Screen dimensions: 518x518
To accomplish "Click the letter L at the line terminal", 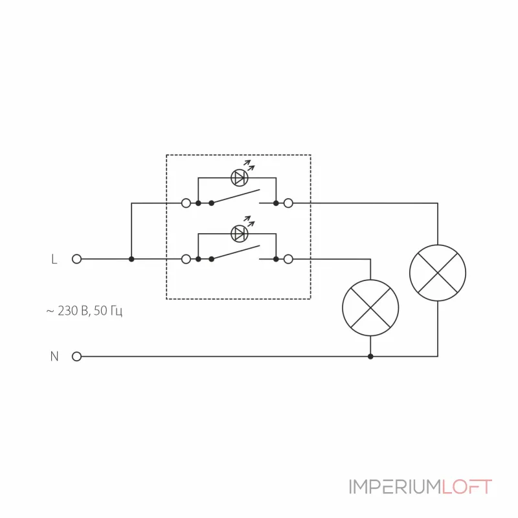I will pos(54,259).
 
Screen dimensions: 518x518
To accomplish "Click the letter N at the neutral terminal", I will pos(54,356).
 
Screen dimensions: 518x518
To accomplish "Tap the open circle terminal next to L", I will pos(76,259).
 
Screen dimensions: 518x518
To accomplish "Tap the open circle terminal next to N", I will pos(76,356).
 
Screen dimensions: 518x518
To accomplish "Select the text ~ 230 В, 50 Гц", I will pos(84,311).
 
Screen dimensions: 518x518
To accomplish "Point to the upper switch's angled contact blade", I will pos(236,197).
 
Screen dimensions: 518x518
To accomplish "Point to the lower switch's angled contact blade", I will pos(236,253).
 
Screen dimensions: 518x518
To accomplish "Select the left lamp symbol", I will pos(370,308).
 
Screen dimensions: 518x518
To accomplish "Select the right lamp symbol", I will pos(438,273).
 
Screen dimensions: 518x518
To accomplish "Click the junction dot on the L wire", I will pos(131,259).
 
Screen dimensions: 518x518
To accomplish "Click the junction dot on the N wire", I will pos(370,356).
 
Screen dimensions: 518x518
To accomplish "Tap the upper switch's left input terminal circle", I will pos(186,203).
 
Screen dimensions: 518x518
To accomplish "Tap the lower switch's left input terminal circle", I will pos(186,259).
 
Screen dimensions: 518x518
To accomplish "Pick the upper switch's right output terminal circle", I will pos(288,203).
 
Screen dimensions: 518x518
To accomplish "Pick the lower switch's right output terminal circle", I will pos(288,259).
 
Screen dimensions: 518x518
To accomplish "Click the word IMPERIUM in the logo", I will pos(395,487).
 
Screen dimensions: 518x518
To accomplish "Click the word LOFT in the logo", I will pos(467,487).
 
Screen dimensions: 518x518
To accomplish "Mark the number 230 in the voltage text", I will pos(67,311).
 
